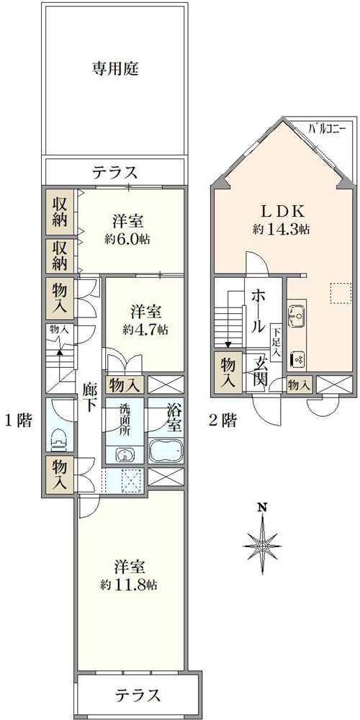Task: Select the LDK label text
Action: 283,211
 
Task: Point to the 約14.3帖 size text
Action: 281,230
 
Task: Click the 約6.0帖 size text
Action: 128,239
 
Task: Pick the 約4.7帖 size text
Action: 145,329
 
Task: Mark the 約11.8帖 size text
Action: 130,585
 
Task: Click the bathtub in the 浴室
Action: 166,451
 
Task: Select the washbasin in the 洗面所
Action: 124,455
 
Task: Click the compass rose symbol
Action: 262,546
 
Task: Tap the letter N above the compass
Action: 262,508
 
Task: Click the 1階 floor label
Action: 19,420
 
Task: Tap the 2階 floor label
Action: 222,420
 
